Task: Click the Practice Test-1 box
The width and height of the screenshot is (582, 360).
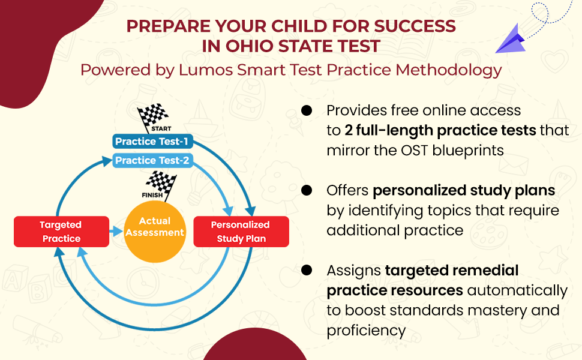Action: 152,142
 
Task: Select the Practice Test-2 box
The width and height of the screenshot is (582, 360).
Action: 152,160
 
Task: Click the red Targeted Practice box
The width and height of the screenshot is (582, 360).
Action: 61,232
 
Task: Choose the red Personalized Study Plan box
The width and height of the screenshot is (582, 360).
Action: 241,232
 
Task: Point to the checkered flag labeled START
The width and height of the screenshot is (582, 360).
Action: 152,118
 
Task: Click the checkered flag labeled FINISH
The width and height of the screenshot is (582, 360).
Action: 160,184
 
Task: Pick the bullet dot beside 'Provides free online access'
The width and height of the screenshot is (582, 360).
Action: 307,111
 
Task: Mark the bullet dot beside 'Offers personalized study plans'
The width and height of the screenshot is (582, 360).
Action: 307,191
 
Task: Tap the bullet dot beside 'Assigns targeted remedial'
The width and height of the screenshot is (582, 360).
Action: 307,271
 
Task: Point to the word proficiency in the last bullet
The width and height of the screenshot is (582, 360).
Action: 366,330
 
